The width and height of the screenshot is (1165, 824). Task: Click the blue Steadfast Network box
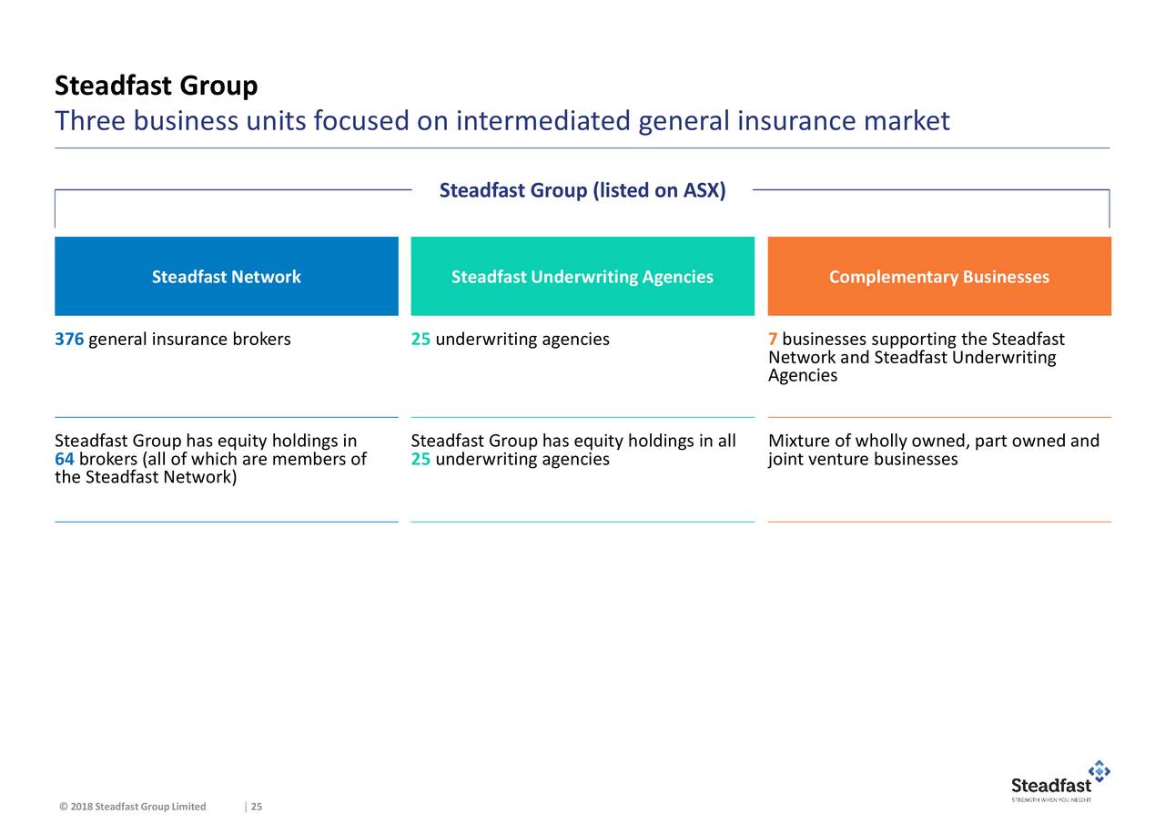(x=227, y=276)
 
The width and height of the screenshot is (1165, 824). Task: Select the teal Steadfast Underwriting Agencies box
(x=582, y=276)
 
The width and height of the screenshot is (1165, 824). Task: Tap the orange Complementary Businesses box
(x=939, y=276)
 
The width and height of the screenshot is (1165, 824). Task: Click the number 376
(x=69, y=340)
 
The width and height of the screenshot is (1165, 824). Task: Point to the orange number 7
(x=773, y=340)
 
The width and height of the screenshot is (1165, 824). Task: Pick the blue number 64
(x=65, y=459)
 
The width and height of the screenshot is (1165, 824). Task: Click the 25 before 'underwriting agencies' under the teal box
(x=420, y=340)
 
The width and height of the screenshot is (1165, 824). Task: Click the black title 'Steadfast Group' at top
(x=156, y=86)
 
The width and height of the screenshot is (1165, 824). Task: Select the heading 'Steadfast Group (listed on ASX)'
(x=582, y=190)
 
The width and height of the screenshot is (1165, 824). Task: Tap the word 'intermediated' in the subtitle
(x=543, y=121)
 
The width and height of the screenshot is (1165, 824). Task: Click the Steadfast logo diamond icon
(x=1099, y=770)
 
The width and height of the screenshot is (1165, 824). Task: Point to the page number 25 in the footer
(x=257, y=807)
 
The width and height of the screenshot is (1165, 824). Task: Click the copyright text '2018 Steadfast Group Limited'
(x=138, y=807)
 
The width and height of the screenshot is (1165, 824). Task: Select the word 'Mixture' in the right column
(x=799, y=441)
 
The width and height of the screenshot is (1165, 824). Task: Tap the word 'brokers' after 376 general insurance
(x=261, y=340)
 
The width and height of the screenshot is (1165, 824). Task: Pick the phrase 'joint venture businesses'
(x=863, y=459)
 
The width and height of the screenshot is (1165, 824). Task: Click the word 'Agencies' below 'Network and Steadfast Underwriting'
(x=803, y=376)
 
